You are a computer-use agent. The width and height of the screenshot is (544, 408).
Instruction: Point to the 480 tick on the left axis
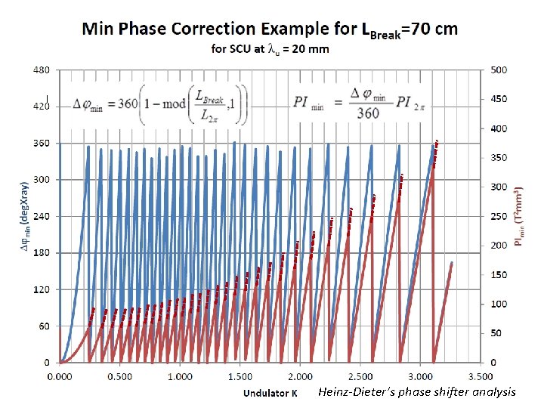(x=41, y=70)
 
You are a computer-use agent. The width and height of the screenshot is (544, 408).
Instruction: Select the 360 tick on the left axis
(x=41, y=143)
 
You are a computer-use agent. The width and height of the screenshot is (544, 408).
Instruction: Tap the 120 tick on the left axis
(x=41, y=289)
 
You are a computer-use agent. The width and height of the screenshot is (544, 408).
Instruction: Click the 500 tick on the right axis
(x=499, y=70)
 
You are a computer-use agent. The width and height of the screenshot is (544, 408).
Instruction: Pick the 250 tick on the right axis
(x=499, y=217)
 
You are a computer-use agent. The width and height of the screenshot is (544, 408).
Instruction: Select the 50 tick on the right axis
(x=497, y=333)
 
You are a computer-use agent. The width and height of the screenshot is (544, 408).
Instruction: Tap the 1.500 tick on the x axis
(x=240, y=376)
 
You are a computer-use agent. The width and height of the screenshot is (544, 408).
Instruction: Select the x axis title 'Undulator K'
(x=270, y=393)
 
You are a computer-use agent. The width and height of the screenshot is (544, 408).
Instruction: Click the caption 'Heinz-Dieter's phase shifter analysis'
(x=417, y=391)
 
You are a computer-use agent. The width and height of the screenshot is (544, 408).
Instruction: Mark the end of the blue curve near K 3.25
(x=452, y=263)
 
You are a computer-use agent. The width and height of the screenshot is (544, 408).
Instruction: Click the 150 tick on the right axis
(x=499, y=275)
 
